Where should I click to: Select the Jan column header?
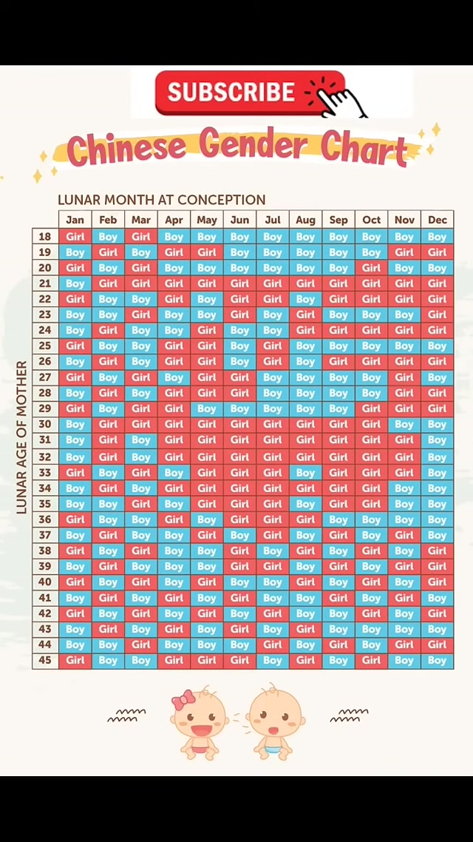tap(75, 220)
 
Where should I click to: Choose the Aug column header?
tap(305, 220)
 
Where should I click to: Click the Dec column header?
tap(438, 220)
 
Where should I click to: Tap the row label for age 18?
tap(45, 237)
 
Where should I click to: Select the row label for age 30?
tap(45, 425)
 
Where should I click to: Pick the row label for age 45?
tap(45, 660)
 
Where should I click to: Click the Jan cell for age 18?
tap(75, 237)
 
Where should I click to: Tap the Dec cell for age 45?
tap(438, 660)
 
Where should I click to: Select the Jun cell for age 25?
tap(239, 346)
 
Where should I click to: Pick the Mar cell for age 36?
tap(140, 519)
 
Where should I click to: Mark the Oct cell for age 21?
tap(372, 283)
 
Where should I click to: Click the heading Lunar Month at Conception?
tap(161, 200)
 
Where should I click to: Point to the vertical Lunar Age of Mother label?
tap(21, 437)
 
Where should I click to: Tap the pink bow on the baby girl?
tap(183, 699)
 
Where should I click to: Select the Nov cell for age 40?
tap(404, 582)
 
